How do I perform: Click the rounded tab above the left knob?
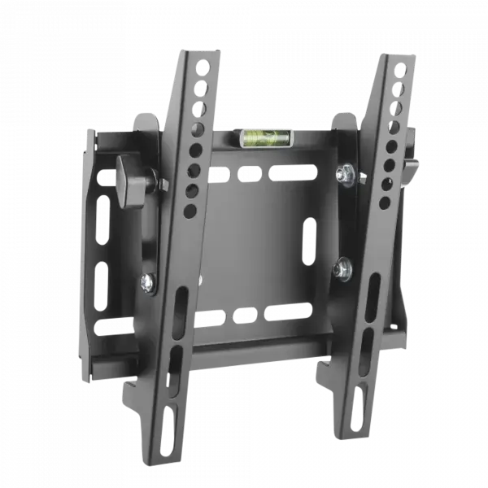point(144,123)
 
